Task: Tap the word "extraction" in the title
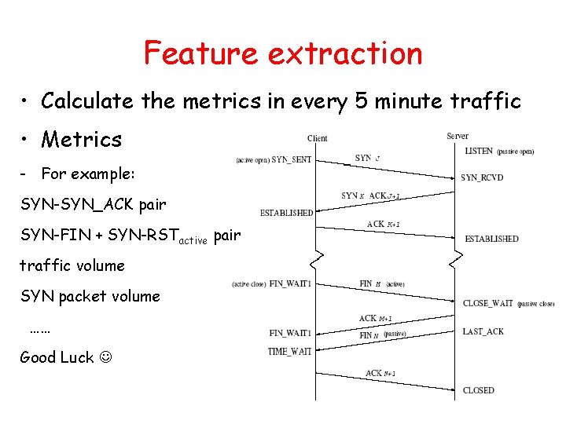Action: point(345,53)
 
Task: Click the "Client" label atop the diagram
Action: point(318,138)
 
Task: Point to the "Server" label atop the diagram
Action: point(458,136)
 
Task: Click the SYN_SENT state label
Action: point(291,160)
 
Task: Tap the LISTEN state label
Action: point(479,151)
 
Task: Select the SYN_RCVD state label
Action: point(482,178)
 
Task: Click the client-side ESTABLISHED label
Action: point(286,213)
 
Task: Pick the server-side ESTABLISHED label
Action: point(491,239)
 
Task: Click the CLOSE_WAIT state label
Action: point(488,303)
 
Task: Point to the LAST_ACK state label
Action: point(483,332)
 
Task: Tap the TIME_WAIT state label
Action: point(289,352)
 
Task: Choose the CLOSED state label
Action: point(479,390)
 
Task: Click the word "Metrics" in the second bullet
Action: point(82,140)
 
